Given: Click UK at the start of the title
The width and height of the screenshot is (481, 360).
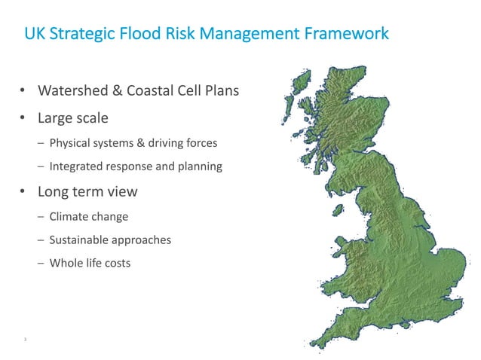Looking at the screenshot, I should [32, 34].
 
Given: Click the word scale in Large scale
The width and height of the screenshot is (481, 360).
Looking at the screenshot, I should [91, 118].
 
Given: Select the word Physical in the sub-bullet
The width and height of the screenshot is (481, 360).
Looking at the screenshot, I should [71, 142].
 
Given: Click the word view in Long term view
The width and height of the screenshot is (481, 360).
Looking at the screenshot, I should [122, 191].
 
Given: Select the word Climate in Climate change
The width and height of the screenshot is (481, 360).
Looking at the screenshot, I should [69, 216].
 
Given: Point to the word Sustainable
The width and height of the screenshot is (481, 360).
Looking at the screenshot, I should [80, 239].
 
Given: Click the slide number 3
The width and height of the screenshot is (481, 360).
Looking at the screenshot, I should [25, 340].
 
